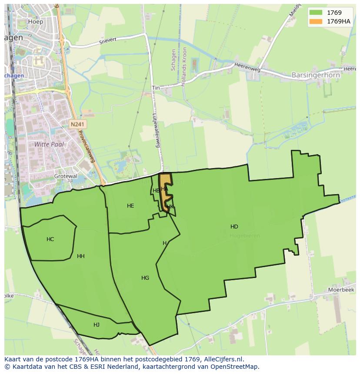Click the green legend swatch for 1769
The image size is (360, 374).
tap(315, 13)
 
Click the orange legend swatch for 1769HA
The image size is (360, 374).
tap(315, 21)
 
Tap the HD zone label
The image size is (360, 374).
tap(234, 227)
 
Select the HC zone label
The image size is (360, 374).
tap(50, 239)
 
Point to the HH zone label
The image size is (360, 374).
tap(81, 256)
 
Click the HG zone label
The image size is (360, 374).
tap(145, 278)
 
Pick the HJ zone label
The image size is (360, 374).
tap(97, 325)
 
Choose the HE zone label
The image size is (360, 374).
tap(130, 206)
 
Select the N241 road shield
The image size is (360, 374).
tap(78, 124)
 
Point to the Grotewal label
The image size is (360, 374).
tap(66, 176)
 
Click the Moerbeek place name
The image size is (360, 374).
tap(342, 289)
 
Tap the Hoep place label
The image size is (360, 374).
tap(35, 21)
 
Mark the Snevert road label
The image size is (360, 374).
tap(108, 40)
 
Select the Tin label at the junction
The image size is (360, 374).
tap(156, 88)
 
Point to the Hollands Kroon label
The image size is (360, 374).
tap(184, 70)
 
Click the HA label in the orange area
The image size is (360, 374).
tap(164, 189)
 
